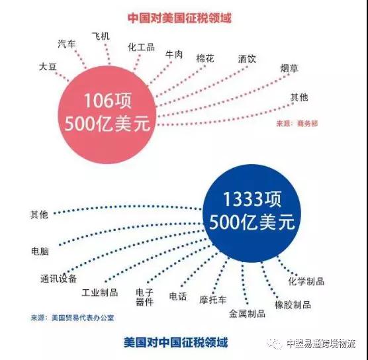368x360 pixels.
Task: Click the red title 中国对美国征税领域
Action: pyautogui.click(x=179, y=18)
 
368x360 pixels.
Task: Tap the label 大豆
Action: pyautogui.click(x=48, y=66)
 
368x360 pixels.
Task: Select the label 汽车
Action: pyautogui.click(x=67, y=44)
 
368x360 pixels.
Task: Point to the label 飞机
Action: pyautogui.click(x=101, y=36)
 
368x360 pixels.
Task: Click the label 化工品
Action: pyautogui.click(x=141, y=47)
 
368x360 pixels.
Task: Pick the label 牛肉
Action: pyautogui.click(x=174, y=54)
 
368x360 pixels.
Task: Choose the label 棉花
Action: pyautogui.click(x=205, y=58)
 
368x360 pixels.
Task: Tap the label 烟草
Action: pyautogui.click(x=289, y=68)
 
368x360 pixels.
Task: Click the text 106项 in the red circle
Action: pyautogui.click(x=108, y=101)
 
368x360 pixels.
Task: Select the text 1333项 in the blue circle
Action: pyautogui.click(x=252, y=199)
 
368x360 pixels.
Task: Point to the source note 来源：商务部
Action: pyautogui.click(x=297, y=124)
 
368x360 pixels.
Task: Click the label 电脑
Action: pyautogui.click(x=40, y=251)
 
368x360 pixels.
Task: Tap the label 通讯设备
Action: pyautogui.click(x=59, y=279)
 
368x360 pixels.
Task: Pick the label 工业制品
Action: pyautogui.click(x=100, y=292)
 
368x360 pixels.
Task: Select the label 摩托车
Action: pyautogui.click(x=213, y=300)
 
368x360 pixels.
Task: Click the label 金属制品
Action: pyautogui.click(x=247, y=313)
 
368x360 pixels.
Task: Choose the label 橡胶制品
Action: pyautogui.click(x=293, y=304)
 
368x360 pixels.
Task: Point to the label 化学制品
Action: pyautogui.click(x=306, y=281)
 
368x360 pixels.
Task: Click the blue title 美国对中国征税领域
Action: pyautogui.click(x=176, y=342)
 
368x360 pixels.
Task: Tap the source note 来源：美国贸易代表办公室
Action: pyautogui.click(x=72, y=318)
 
